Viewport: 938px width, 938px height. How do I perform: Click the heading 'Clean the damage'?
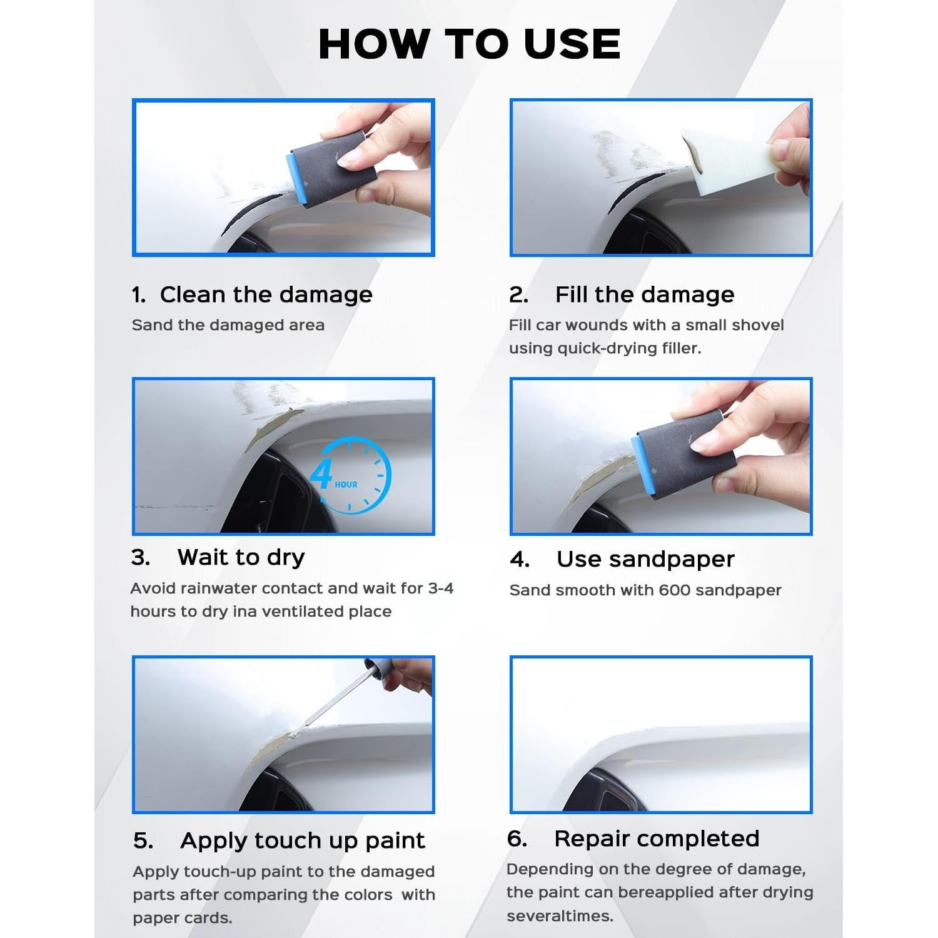pyautogui.click(x=266, y=295)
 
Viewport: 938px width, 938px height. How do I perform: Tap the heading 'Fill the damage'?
pyautogui.click(x=644, y=295)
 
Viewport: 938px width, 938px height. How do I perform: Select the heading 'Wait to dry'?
pyautogui.click(x=241, y=557)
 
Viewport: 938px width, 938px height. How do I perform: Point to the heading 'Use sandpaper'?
pyautogui.click(x=645, y=559)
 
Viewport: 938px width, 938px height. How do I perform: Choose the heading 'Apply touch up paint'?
pyautogui.click(x=302, y=840)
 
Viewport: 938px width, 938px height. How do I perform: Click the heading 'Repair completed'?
pyautogui.click(x=656, y=839)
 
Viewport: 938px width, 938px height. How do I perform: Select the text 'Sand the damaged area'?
pyautogui.click(x=228, y=325)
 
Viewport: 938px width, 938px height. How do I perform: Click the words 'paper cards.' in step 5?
pyautogui.click(x=182, y=918)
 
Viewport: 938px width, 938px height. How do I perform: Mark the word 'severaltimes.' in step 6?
pyautogui.click(x=560, y=916)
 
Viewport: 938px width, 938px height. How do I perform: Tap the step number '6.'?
pyautogui.click(x=517, y=839)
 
